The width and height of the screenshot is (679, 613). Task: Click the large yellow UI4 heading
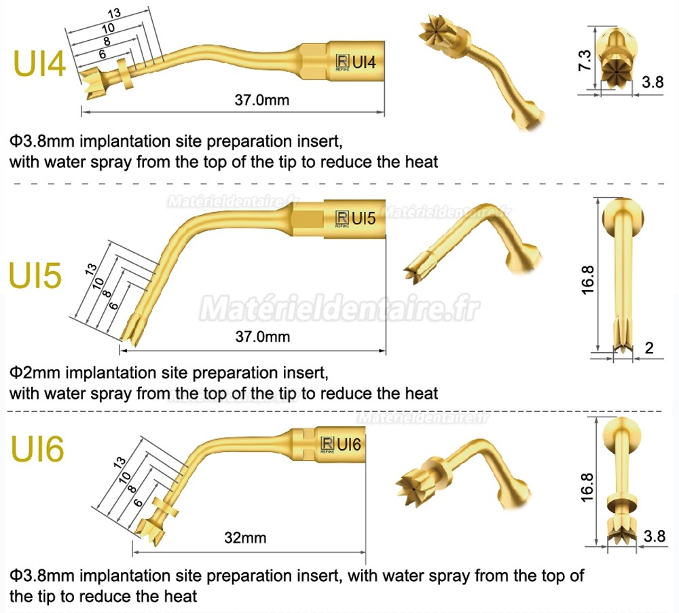click(x=39, y=64)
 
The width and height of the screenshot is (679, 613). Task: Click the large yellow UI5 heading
click(x=35, y=275)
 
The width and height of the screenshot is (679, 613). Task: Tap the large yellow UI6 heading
click(x=37, y=449)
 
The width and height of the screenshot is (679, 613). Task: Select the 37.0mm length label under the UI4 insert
click(x=262, y=100)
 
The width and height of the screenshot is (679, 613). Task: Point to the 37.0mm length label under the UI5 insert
click(x=262, y=336)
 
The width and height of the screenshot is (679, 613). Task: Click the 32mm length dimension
click(x=245, y=538)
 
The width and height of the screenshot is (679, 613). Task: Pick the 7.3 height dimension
click(x=585, y=60)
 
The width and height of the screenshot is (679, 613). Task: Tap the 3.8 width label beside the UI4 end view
click(x=653, y=82)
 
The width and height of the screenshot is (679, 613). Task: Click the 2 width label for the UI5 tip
click(x=648, y=348)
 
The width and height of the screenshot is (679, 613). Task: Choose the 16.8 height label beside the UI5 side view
click(x=587, y=280)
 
